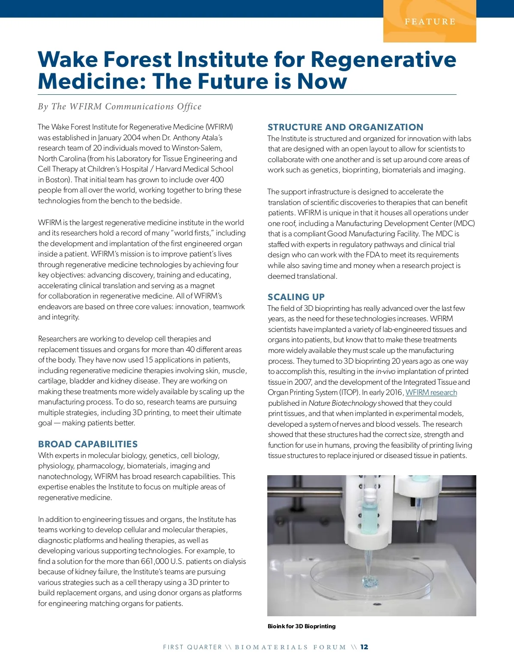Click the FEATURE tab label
(430, 21)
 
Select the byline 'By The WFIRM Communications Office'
(120, 106)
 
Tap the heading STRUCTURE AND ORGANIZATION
(345, 127)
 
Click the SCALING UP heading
(296, 297)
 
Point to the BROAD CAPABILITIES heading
(88, 444)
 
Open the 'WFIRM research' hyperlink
(431, 392)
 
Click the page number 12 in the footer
(364, 647)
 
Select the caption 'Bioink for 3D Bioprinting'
(302, 626)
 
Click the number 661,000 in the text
(155, 561)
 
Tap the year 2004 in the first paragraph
(131, 138)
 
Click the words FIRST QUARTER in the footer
(192, 647)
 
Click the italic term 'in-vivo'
(385, 371)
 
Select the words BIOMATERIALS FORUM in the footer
(290, 647)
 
